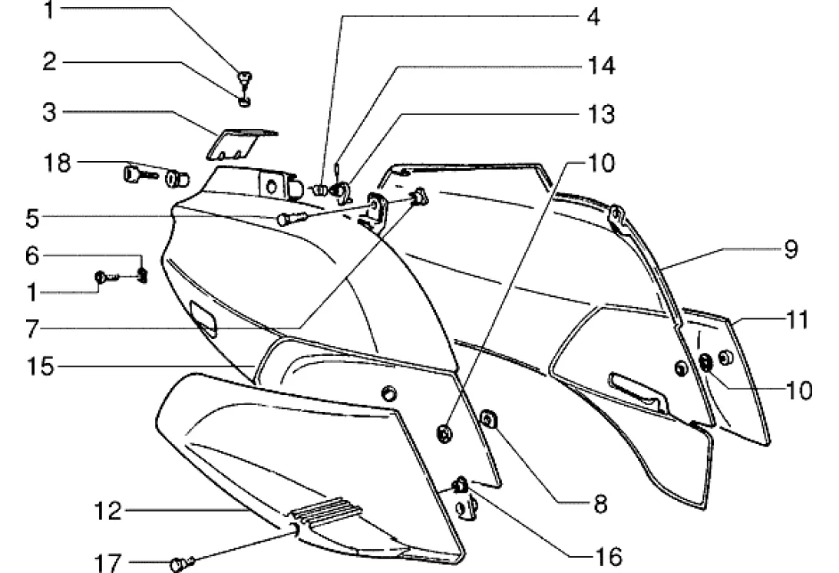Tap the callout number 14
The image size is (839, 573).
[602, 66]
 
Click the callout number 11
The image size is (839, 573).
[797, 319]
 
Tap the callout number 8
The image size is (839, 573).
[599, 504]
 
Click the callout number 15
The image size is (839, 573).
[43, 366]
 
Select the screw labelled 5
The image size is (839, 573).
[290, 219]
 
